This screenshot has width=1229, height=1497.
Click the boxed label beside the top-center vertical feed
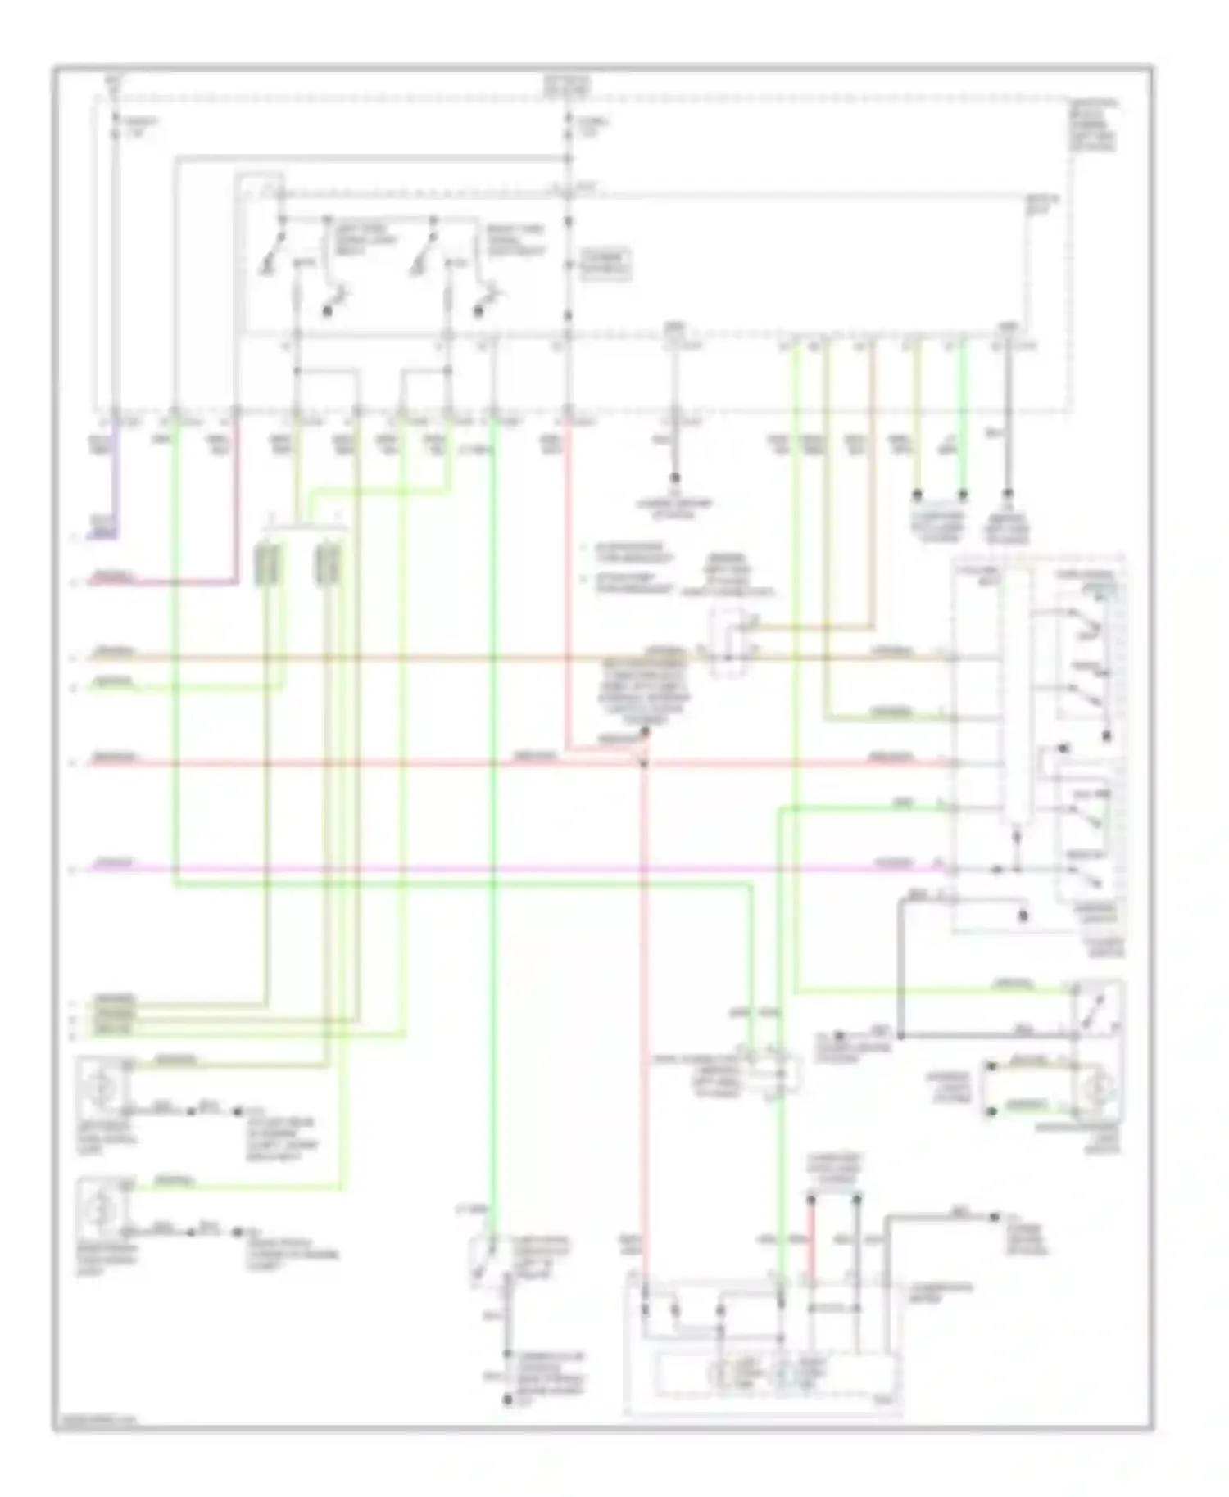click(605, 264)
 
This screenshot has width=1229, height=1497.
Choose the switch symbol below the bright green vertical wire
click(483, 1261)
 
